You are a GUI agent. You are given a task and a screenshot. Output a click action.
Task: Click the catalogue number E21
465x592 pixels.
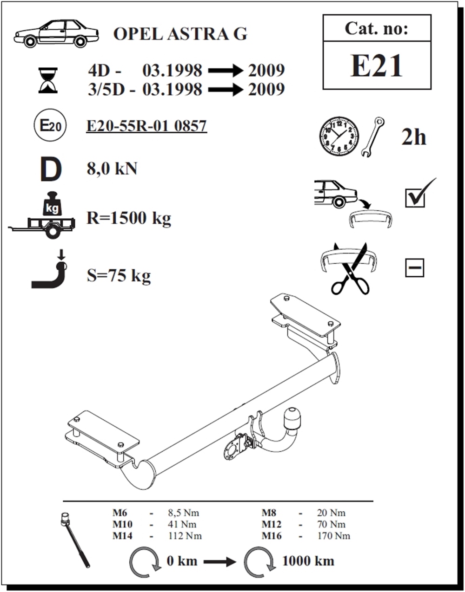tap(376, 66)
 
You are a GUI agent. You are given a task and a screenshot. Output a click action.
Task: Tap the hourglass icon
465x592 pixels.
tap(48, 81)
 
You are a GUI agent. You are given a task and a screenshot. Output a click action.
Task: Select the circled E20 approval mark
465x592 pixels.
tap(50, 125)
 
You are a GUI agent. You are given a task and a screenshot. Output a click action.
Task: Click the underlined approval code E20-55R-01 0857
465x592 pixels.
tap(146, 126)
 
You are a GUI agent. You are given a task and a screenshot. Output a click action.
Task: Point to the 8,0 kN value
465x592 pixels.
tap(112, 169)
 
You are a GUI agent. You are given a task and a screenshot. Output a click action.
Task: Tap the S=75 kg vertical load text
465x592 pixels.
tap(119, 275)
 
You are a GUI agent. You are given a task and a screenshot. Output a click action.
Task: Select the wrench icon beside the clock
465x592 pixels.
tap(372, 137)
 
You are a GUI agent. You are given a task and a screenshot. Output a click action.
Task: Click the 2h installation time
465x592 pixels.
tap(413, 137)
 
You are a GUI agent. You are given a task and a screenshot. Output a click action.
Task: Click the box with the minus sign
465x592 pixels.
tap(414, 267)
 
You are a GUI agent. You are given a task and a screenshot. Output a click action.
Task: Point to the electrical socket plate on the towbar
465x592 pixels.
tap(233, 453)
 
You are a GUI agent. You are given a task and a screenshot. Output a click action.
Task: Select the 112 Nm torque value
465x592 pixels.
tap(185, 536)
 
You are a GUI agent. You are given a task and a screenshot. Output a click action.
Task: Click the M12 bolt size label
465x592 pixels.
tap(272, 524)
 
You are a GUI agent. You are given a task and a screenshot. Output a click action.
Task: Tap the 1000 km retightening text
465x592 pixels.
tap(308, 561)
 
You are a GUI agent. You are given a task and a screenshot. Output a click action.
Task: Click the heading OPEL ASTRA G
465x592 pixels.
tap(180, 34)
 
